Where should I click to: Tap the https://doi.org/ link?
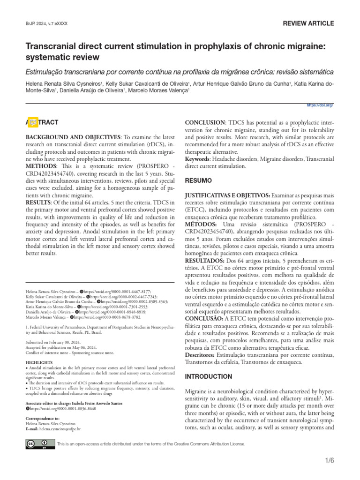point(320,105)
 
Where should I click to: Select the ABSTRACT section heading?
point(42,122)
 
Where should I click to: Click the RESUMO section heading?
point(199,180)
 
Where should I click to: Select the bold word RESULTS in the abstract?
point(40,202)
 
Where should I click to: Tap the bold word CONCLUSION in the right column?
point(205,122)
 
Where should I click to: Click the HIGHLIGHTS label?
point(38,363)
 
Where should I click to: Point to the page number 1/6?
point(329,460)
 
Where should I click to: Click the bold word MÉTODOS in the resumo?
point(201,225)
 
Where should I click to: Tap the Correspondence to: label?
point(42,418)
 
